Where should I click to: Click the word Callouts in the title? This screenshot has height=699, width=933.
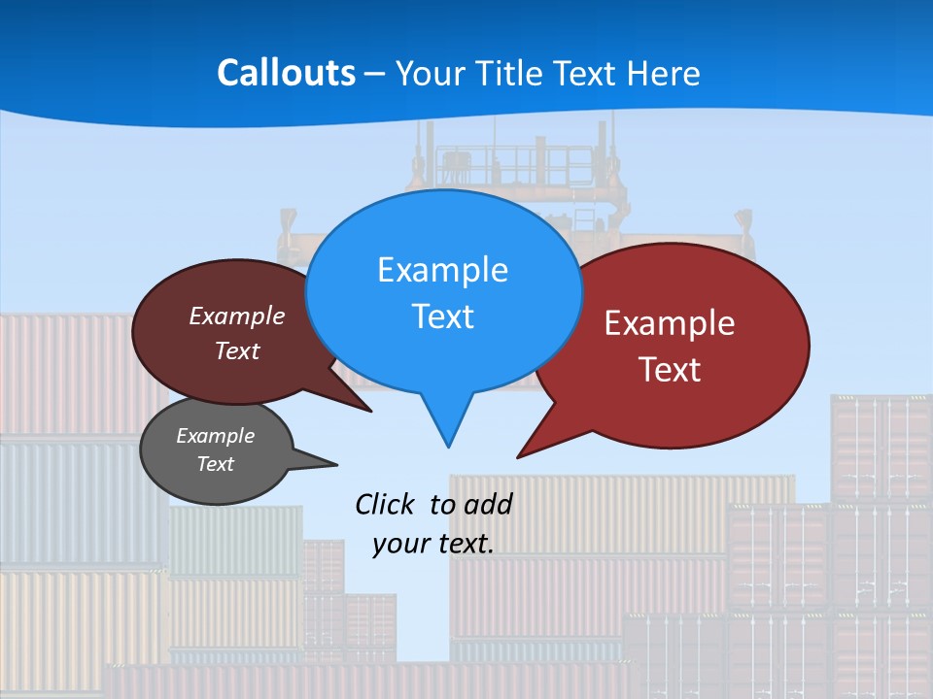287,73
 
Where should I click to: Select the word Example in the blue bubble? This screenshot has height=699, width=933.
442,270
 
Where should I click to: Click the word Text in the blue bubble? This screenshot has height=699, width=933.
442,316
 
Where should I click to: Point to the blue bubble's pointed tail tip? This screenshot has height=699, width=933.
448,447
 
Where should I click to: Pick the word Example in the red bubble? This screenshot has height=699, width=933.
670,323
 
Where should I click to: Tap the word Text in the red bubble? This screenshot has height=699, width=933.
670,370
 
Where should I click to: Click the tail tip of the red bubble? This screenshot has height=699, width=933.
517,457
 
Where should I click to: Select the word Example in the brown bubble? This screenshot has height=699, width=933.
237,316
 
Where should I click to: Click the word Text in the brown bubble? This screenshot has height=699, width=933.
237,351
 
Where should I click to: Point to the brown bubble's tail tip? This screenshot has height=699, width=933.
371,412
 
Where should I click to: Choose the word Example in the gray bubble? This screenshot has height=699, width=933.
215,436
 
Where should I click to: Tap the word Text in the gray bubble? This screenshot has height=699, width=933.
215,464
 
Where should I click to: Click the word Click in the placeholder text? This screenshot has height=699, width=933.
385,504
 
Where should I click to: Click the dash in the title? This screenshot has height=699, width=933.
375,74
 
